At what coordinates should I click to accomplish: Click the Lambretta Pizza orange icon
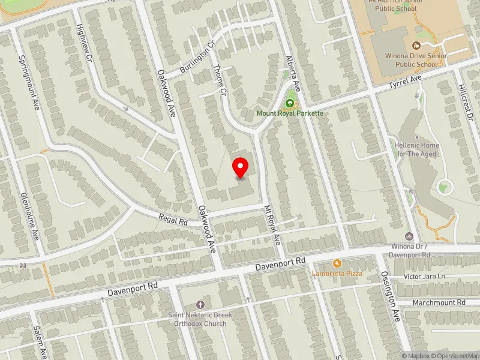(337, 263)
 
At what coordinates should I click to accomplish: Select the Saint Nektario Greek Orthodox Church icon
(200, 305)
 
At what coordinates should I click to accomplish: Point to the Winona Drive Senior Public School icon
(416, 46)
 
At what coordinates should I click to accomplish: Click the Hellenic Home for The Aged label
(417, 149)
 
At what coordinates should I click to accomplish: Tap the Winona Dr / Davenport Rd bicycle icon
(410, 236)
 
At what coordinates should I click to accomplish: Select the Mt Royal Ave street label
(272, 225)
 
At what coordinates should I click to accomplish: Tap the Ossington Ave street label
(391, 296)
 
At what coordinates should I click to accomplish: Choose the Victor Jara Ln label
(425, 277)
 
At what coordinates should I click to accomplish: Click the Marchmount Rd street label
(439, 303)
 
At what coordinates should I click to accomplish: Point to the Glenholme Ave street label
(30, 217)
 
